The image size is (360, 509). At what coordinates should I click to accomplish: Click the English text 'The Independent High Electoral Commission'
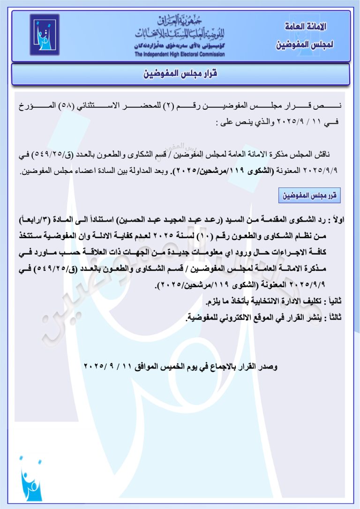click(x=180, y=54)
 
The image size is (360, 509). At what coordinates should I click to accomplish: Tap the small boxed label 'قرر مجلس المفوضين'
click(x=309, y=195)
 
